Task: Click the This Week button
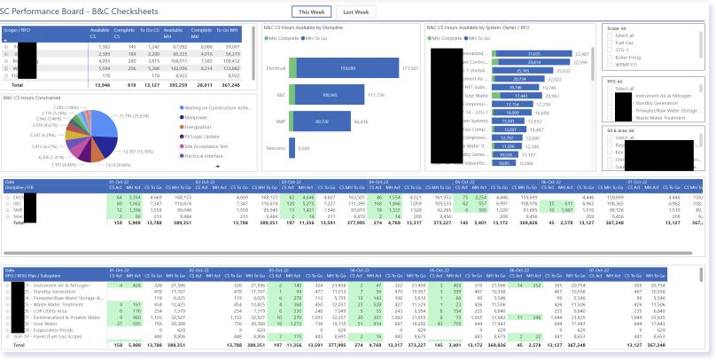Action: [313, 12]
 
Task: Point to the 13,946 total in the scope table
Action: [100, 85]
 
